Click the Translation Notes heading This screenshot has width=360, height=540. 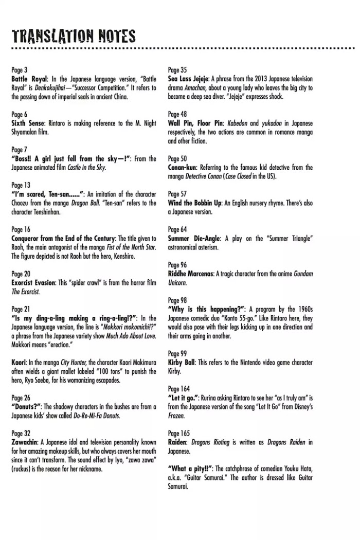[74, 35]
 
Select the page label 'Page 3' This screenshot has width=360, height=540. [20, 70]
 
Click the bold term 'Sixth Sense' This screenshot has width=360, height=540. [29, 123]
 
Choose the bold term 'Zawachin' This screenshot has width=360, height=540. [25, 442]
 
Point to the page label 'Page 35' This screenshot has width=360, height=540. [177, 70]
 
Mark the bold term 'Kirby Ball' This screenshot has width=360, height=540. [182, 363]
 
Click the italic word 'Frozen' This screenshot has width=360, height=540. [176, 415]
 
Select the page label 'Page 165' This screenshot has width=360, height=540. [179, 433]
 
